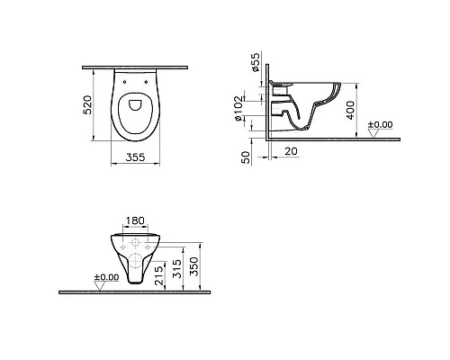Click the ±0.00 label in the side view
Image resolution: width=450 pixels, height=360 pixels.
(382, 124)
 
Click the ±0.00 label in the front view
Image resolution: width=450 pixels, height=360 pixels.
(105, 278)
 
